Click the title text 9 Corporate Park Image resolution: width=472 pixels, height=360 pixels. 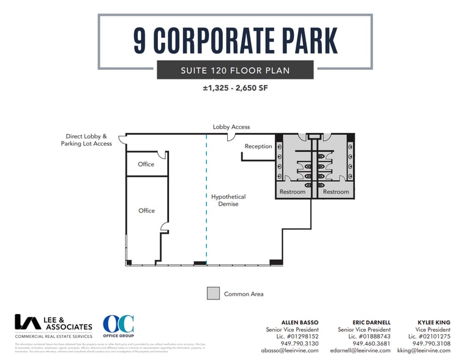click(x=235, y=40)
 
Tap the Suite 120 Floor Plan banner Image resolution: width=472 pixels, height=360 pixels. click(x=235, y=70)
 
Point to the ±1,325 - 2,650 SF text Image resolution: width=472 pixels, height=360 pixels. click(x=235, y=88)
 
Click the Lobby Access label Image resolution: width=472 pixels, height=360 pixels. click(x=231, y=127)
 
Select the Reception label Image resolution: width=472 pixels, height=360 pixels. click(x=258, y=146)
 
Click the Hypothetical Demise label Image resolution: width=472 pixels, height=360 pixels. click(x=228, y=200)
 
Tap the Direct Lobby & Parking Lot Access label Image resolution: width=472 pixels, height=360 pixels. click(x=86, y=140)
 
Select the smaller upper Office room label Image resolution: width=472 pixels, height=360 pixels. click(x=146, y=164)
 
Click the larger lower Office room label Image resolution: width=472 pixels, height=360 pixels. click(x=146, y=211)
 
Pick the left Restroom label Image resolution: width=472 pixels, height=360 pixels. click(x=292, y=192)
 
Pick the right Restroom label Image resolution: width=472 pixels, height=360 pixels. click(x=335, y=192)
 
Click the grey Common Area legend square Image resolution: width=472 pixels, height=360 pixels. click(x=212, y=293)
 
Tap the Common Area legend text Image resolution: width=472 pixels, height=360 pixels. click(x=244, y=294)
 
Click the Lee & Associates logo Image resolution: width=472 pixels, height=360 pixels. click(x=53, y=326)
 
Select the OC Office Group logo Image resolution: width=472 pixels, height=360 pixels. click(x=118, y=326)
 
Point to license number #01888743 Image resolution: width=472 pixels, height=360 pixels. click(x=369, y=337)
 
